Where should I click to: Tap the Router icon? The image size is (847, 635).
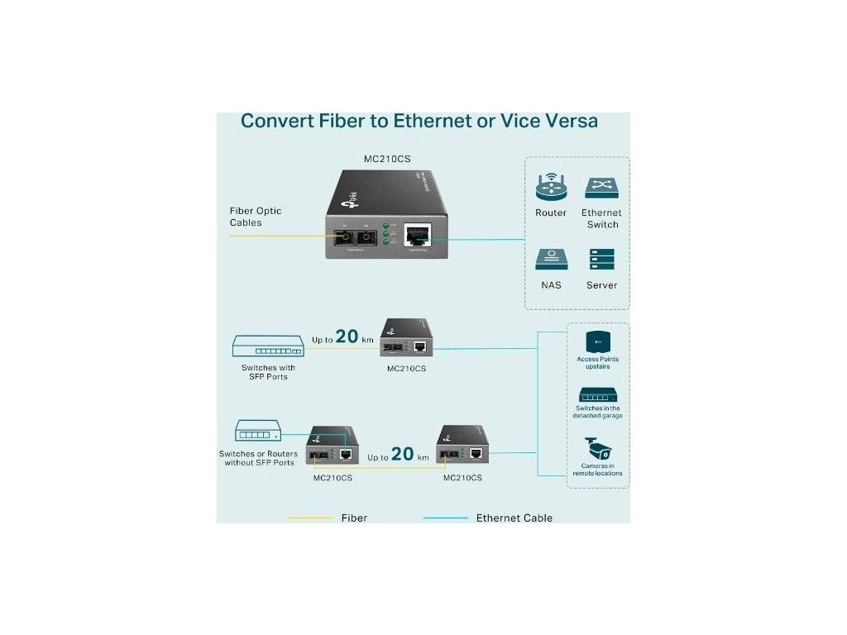tap(551, 188)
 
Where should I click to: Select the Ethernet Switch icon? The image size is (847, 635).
tap(602, 188)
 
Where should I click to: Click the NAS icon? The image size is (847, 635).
tap(551, 260)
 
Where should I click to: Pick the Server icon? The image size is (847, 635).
tap(602, 260)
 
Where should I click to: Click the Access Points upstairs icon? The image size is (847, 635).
tap(597, 341)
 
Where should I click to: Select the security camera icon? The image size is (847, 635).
tap(597, 451)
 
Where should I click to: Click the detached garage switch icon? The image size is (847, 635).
tap(597, 394)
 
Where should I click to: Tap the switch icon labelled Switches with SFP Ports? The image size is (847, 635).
tap(268, 346)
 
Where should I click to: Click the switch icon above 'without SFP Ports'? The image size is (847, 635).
tap(257, 432)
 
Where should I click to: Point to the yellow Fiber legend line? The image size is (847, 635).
tap(309, 518)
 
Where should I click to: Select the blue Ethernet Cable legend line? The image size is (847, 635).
tap(444, 518)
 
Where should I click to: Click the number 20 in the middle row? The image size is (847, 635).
tap(347, 337)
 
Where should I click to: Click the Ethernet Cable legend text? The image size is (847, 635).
tap(514, 518)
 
